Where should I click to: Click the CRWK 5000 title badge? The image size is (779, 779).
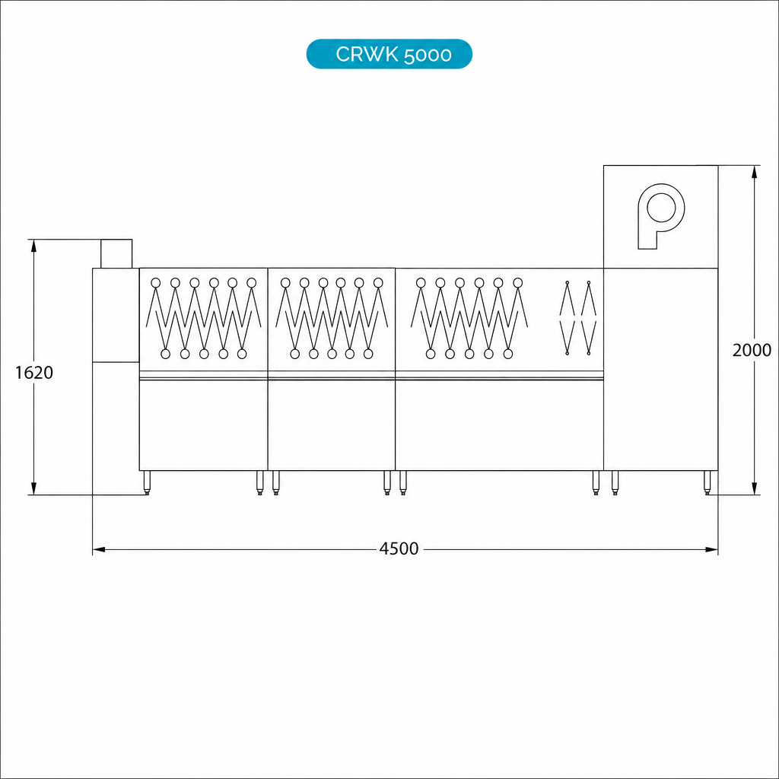389,54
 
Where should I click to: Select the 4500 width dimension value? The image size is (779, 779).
399,548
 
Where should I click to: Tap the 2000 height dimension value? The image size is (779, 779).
752,350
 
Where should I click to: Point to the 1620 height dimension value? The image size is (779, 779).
33,373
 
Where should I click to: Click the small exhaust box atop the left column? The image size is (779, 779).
116,253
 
